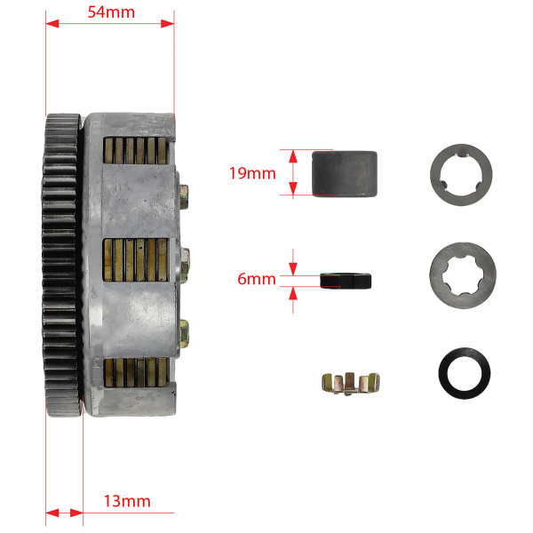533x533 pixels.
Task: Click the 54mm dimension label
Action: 111,12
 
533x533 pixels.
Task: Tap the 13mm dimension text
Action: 127,501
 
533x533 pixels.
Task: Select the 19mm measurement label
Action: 252,173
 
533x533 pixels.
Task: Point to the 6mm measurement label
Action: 257,279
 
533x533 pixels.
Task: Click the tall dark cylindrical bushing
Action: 345,174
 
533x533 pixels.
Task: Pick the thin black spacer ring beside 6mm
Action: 346,281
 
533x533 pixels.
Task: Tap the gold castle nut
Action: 351,384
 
